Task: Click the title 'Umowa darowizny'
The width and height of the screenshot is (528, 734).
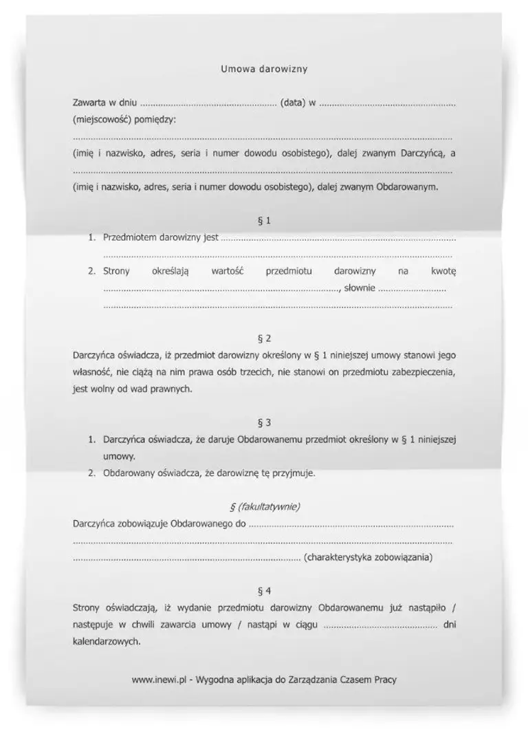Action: (x=264, y=69)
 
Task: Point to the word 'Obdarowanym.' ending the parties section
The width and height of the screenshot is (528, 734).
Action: (x=407, y=186)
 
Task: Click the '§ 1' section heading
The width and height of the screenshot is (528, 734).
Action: (x=264, y=220)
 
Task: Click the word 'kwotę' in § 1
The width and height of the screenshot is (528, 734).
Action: (x=443, y=271)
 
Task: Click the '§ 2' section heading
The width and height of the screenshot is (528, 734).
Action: (x=264, y=338)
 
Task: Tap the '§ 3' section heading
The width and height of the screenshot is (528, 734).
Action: (x=264, y=422)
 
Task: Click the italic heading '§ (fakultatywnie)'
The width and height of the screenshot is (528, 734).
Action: (x=264, y=506)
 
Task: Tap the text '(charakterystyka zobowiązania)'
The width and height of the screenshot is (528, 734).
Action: (x=368, y=557)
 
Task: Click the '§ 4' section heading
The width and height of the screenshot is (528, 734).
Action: (x=264, y=590)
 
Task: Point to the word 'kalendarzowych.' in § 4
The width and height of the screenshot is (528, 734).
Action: (x=106, y=641)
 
